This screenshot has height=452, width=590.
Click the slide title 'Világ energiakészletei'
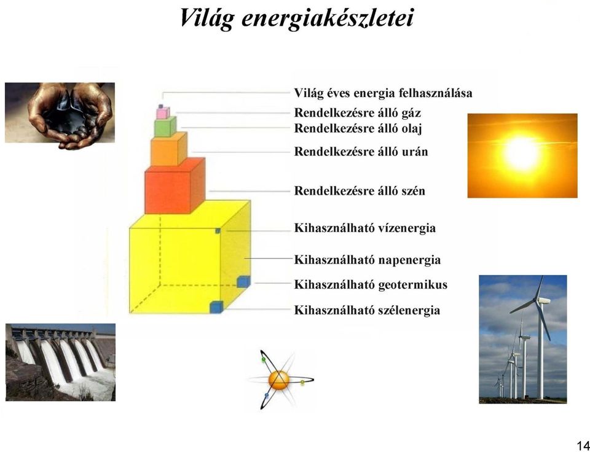pyautogui.click(x=296, y=18)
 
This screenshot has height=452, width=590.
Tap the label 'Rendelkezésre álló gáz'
pyautogui.click(x=358, y=113)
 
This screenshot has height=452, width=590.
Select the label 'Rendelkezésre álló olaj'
pyautogui.click(x=358, y=128)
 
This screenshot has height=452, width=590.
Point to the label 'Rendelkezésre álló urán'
pyautogui.click(x=361, y=152)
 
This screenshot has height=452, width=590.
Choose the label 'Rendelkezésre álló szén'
pyautogui.click(x=360, y=190)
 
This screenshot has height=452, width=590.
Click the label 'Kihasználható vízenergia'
pyautogui.click(x=364, y=228)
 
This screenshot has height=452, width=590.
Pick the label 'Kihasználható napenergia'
pyautogui.click(x=368, y=260)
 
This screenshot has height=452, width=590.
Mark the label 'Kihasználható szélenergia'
pyautogui.click(x=367, y=310)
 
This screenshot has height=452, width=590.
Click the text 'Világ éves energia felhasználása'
pyautogui.click(x=383, y=93)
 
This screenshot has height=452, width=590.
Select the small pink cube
pyautogui.click(x=163, y=113)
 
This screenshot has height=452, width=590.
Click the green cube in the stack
pyautogui.click(x=165, y=127)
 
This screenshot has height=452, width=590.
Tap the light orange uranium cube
pyautogui.click(x=169, y=149)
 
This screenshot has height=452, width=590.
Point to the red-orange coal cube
pyautogui.click(x=175, y=185)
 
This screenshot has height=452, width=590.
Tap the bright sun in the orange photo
pyautogui.click(x=522, y=154)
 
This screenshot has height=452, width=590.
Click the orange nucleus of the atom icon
pyautogui.click(x=279, y=380)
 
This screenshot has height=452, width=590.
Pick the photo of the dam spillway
pyautogui.click(x=61, y=362)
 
